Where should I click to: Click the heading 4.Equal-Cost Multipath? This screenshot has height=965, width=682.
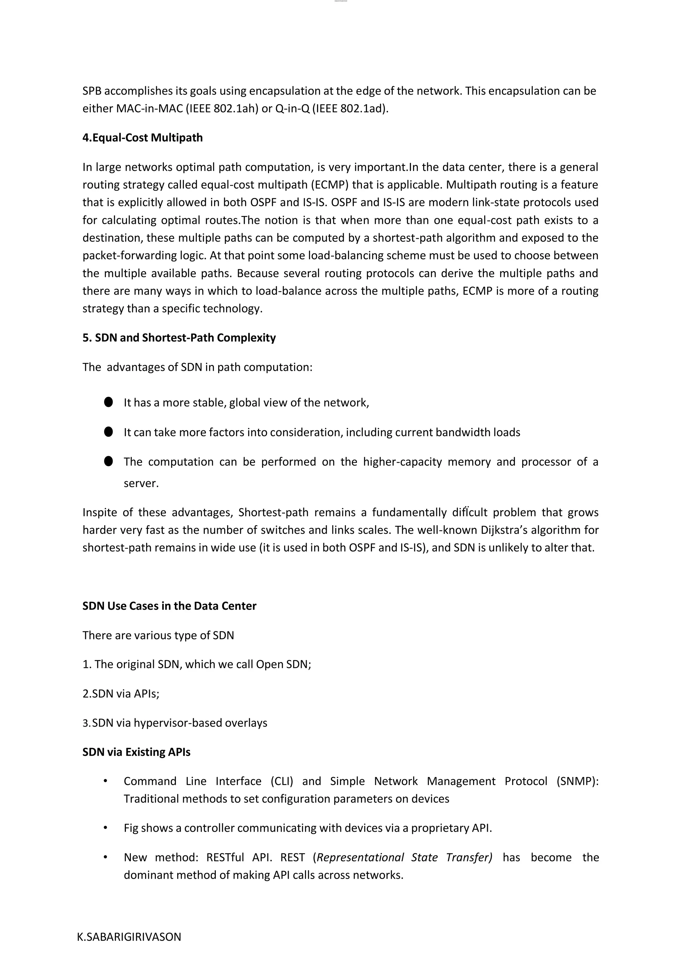click(x=143, y=138)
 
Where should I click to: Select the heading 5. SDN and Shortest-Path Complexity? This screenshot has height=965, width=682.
click(x=179, y=338)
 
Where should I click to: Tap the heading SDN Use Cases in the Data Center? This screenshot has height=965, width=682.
click(x=169, y=606)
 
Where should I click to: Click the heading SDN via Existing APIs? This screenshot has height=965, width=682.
click(x=136, y=752)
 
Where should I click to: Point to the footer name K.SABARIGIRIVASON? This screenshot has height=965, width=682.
click(x=129, y=937)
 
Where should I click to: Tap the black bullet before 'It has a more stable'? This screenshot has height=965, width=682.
click(x=108, y=402)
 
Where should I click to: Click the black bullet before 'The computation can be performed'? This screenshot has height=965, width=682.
click(x=108, y=462)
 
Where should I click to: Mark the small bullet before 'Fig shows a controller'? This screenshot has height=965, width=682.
click(x=106, y=828)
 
